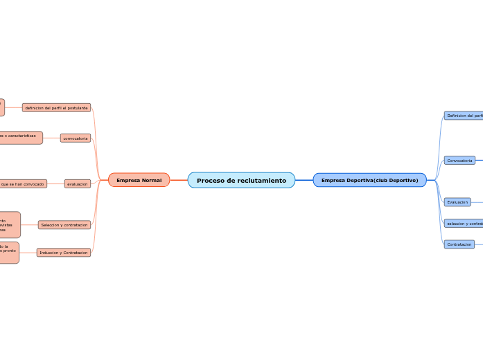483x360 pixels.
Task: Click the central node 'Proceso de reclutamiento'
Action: point(241,180)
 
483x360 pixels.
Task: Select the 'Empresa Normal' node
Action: point(139,180)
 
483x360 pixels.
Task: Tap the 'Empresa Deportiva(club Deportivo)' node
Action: point(369,180)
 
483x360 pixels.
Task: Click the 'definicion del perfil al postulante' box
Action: point(56,108)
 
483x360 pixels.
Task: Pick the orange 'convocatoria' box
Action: point(76,138)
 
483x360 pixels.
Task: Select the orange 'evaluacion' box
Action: point(77,184)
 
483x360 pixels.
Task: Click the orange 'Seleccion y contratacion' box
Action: point(64,225)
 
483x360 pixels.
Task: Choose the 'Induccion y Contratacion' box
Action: point(64,253)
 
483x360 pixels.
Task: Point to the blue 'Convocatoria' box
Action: point(459,161)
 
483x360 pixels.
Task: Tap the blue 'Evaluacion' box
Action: point(457,202)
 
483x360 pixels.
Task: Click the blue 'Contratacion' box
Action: point(459,244)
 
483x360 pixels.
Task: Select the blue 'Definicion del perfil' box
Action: point(464,116)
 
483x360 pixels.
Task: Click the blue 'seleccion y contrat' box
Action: point(464,224)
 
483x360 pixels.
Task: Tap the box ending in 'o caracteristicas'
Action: point(21,137)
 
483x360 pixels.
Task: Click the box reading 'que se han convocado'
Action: point(23,184)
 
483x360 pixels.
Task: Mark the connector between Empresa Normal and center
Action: point(179,180)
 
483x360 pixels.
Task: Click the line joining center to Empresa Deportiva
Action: point(304,180)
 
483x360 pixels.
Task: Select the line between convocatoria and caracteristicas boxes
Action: point(51,138)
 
